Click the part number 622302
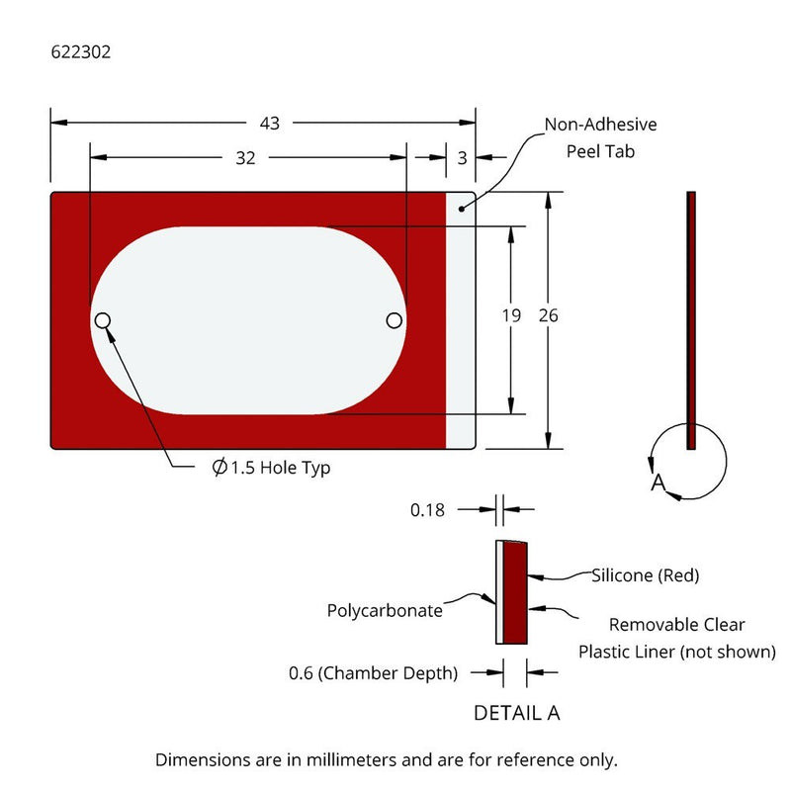pyautogui.click(x=80, y=53)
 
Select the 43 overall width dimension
pyautogui.click(x=269, y=123)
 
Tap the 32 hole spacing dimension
pyautogui.click(x=246, y=157)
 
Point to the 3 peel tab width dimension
pyautogui.click(x=463, y=157)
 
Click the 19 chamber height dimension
pyautogui.click(x=510, y=316)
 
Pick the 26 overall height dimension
pyautogui.click(x=549, y=316)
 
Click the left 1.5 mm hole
pyautogui.click(x=102, y=320)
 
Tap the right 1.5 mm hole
pyautogui.click(x=395, y=320)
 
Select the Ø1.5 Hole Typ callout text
pyautogui.click(x=271, y=468)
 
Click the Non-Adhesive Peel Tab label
pyautogui.click(x=600, y=138)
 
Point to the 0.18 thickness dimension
pyautogui.click(x=427, y=510)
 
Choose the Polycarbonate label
pyautogui.click(x=385, y=610)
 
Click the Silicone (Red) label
pyautogui.click(x=646, y=574)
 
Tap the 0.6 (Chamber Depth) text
pyautogui.click(x=373, y=673)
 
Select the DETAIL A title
pyautogui.click(x=516, y=713)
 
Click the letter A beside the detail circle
pyautogui.click(x=658, y=483)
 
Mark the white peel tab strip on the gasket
pyautogui.click(x=461, y=326)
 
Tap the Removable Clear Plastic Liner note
pyautogui.click(x=676, y=638)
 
